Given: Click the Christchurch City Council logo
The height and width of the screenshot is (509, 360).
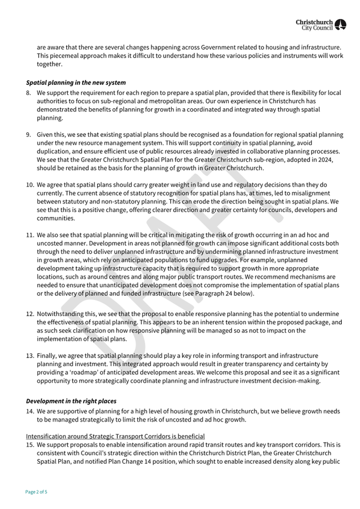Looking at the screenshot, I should click(321, 24).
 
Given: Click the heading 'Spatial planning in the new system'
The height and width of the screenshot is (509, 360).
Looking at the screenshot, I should click(76, 83).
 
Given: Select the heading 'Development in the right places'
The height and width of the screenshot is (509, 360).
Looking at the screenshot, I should click(71, 401).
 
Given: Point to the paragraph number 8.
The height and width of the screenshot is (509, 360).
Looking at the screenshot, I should click(29, 93).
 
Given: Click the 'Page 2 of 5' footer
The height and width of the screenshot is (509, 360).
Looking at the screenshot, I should click(36, 492).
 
